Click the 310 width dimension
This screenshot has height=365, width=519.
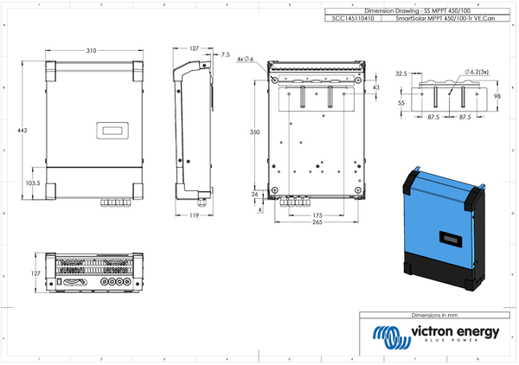[91, 49]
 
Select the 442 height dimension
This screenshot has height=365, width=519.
[22, 130]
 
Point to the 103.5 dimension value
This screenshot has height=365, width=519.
[32, 183]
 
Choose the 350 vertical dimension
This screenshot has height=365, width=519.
[253, 132]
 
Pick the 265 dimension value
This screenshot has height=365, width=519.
[318, 222]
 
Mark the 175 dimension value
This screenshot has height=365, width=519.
[317, 215]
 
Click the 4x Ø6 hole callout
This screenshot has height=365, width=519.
[244, 58]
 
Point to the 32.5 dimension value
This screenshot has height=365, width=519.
[400, 74]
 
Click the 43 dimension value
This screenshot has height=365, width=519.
[375, 88]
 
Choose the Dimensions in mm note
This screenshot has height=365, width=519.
[440, 317]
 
